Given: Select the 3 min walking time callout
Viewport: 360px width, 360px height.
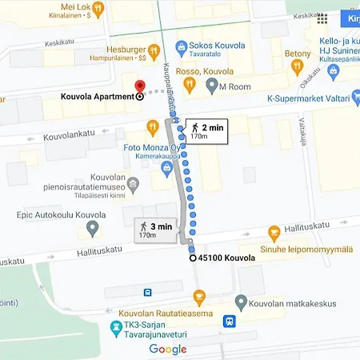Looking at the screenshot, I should (155, 231).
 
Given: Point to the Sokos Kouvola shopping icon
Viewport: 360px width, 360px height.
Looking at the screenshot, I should (182, 47).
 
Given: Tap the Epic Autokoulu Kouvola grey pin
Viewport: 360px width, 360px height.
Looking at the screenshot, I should (92, 229).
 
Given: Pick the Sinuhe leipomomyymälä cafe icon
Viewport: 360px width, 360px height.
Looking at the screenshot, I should (274, 233).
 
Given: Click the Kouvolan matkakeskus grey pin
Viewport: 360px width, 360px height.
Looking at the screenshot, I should (241, 302).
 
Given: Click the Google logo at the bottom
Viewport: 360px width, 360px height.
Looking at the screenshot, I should (168, 349).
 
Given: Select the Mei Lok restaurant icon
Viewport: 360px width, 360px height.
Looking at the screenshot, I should (98, 8).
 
